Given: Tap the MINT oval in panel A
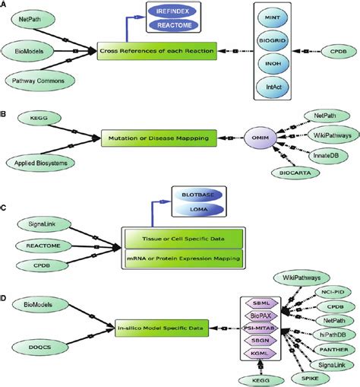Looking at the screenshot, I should (x=268, y=16).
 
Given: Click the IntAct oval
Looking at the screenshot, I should (x=268, y=87).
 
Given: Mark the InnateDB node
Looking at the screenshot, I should (x=324, y=155).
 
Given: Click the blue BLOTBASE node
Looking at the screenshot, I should (x=174, y=194).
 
